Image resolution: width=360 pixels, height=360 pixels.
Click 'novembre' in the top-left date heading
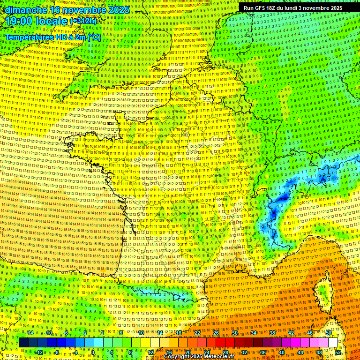(82, 9)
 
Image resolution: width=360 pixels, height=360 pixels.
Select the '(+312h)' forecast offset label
(83, 21)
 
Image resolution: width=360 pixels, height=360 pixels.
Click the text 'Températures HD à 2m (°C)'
(53, 37)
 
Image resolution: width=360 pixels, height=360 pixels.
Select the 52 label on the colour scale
(338, 352)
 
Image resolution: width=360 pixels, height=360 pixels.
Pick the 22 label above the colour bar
(197, 333)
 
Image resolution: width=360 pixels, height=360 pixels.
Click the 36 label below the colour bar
(263, 352)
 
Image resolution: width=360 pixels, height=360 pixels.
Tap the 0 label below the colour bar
(93, 352)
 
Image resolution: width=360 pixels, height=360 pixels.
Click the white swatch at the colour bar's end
(333, 343)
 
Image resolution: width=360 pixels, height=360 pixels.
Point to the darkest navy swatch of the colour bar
(23, 343)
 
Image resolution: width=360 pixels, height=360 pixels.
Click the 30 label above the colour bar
(235, 333)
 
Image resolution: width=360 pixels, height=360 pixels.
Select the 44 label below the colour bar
(300, 352)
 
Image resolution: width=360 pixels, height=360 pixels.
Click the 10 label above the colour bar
(141, 333)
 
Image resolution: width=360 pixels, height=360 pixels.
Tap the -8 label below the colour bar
(57, 352)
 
